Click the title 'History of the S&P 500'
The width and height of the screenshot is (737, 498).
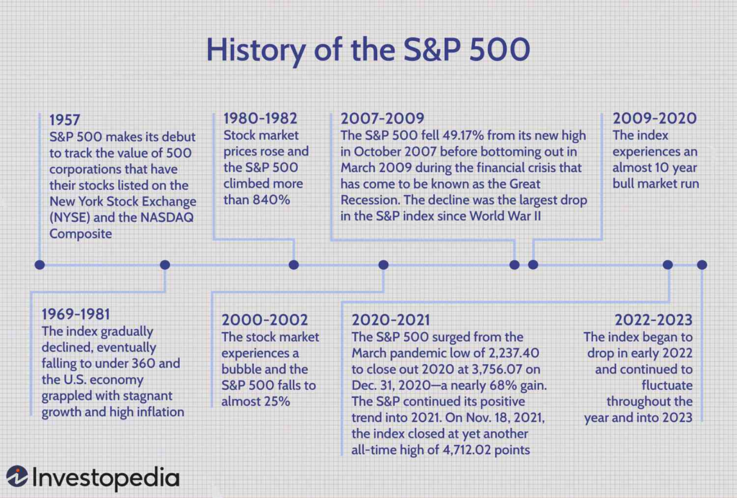(368, 50)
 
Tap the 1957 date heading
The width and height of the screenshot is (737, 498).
(65, 119)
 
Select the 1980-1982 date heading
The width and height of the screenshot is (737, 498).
(261, 119)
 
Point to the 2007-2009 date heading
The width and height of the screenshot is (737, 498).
(382, 119)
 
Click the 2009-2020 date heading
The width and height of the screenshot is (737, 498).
(654, 119)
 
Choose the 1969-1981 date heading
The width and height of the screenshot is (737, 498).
(76, 314)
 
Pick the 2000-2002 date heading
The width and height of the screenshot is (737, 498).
(265, 320)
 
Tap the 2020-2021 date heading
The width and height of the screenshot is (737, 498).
(391, 320)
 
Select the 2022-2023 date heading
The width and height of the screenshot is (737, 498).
(654, 320)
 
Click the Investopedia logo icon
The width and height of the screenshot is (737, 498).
(17, 476)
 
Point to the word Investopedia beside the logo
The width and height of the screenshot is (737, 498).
(106, 478)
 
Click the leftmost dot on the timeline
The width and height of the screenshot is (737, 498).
(40, 265)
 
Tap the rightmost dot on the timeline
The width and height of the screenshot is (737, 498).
(702, 265)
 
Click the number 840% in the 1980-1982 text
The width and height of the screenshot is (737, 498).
(271, 199)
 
